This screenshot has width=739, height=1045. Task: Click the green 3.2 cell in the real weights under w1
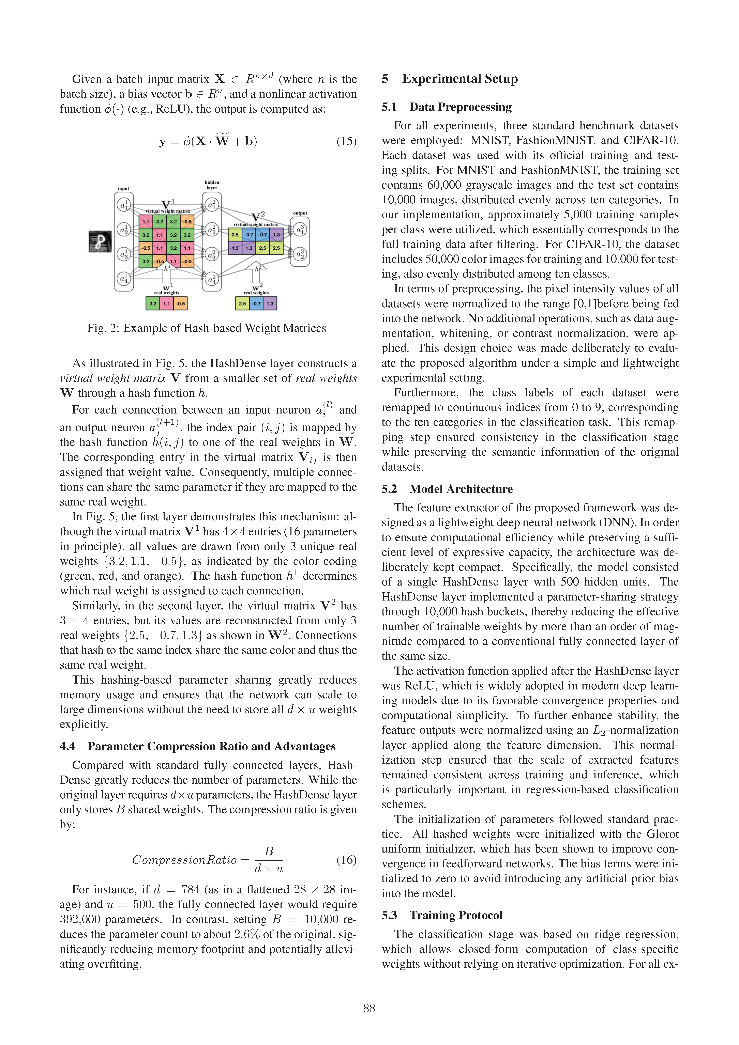tap(153, 303)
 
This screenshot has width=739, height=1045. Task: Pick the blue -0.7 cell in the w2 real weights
tap(256, 303)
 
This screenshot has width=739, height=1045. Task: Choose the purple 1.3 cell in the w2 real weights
tap(270, 303)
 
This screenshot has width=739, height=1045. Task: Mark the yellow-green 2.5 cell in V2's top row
tap(235, 235)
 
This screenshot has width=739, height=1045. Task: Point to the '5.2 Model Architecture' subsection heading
tap(447, 489)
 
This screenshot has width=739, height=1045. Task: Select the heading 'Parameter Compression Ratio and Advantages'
tap(211, 746)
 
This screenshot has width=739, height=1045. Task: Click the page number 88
tap(369, 1008)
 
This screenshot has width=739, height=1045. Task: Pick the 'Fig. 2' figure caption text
tap(207, 328)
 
